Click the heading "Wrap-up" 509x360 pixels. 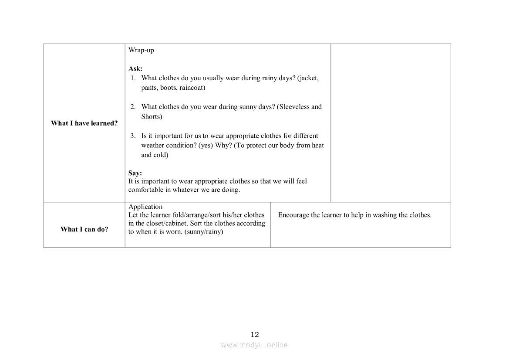click(141, 50)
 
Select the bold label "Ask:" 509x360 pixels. click(135, 68)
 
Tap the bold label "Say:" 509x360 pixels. click(135, 173)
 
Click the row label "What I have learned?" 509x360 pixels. click(84, 123)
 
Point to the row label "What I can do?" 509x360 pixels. click(84, 230)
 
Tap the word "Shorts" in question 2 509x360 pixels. click(152, 117)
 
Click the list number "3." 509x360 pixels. click(133, 136)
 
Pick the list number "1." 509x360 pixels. click(133, 78)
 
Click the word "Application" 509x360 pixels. click(145, 207)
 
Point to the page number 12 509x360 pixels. click(255, 335)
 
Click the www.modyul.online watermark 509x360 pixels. click(254, 345)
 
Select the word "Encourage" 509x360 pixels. click(293, 215)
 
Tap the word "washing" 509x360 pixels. click(384, 215)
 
